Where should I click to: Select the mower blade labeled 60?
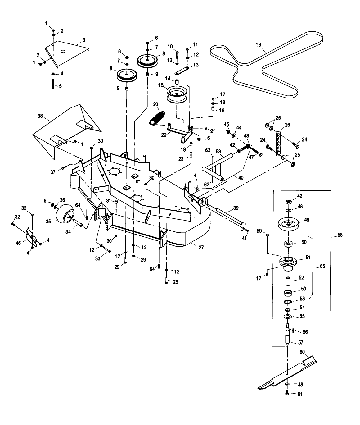[x=287, y=373]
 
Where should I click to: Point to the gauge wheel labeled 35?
[x=65, y=214]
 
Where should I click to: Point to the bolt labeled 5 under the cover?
[x=53, y=84]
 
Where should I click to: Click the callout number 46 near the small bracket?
[x=18, y=243]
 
